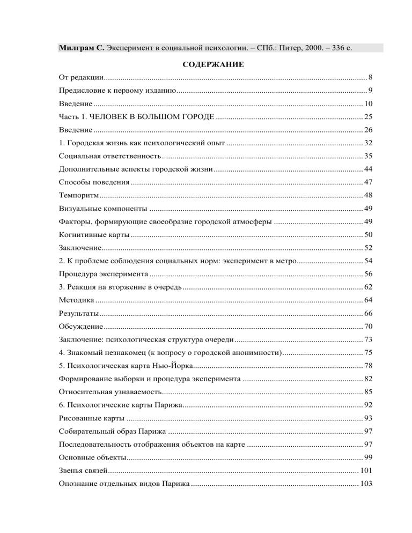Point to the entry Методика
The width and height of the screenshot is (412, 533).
tap(77, 299)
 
